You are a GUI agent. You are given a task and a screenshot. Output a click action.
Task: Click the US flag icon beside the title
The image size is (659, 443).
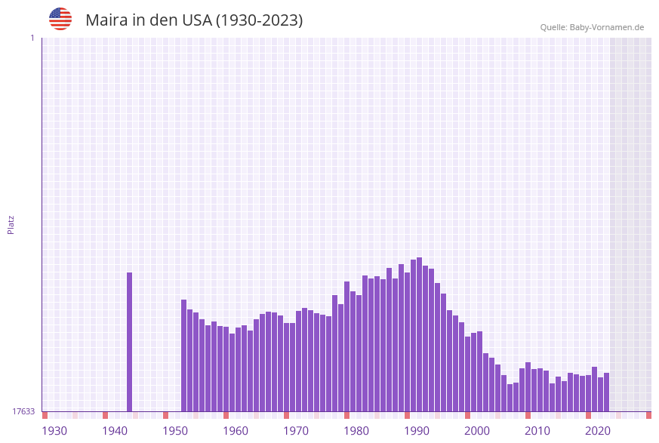60,19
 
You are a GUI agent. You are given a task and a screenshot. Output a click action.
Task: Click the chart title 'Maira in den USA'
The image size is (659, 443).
194,20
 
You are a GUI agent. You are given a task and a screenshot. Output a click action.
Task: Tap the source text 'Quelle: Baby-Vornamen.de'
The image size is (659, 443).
592,27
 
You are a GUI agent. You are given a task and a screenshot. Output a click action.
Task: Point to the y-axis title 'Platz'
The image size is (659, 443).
11,224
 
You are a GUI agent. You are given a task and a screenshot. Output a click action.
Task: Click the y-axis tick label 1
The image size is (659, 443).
32,38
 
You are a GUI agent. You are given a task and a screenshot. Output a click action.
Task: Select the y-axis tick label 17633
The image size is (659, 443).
23,411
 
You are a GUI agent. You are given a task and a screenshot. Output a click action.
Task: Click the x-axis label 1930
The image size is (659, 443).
54,431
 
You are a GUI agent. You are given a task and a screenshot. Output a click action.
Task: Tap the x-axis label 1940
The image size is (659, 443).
115,431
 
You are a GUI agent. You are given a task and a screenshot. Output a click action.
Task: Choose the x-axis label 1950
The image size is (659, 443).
175,431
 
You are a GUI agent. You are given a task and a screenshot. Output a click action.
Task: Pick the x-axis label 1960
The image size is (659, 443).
236,431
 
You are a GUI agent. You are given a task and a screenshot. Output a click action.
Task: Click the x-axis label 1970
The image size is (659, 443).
296,431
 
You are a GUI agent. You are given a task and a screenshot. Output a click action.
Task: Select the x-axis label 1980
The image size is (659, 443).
356,431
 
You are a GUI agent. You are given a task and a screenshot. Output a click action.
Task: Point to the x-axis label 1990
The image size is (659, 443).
417,431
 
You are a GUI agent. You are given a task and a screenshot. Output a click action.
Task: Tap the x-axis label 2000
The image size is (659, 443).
477,431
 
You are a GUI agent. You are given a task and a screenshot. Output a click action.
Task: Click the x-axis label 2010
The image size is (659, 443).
537,431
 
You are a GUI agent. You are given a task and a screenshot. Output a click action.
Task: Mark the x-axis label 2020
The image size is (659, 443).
598,431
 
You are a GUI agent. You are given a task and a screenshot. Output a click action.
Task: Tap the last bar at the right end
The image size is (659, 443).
606,392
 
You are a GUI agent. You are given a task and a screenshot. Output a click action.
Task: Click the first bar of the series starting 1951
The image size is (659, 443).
183,355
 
